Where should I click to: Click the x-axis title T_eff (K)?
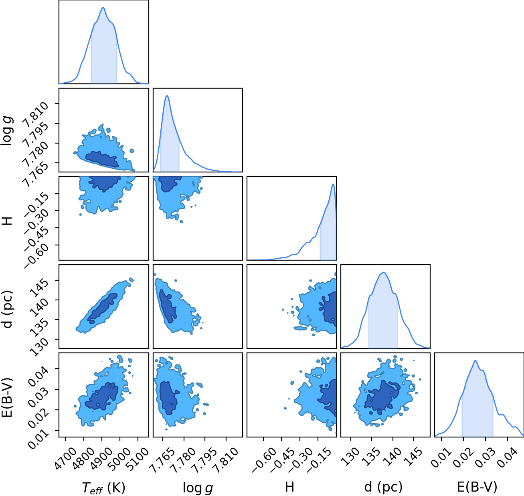pyautogui.click(x=103, y=488)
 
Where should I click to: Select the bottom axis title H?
pyautogui.click(x=289, y=487)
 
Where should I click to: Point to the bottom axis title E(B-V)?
pyautogui.click(x=477, y=487)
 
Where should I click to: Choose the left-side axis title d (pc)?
pyautogui.click(x=8, y=309)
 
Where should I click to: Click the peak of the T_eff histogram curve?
pyautogui.click(x=103, y=8)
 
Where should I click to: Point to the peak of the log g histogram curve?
pyautogui.click(x=167, y=96)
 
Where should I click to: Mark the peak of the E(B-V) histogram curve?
pyautogui.click(x=475, y=360)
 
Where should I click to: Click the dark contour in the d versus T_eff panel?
pyautogui.click(x=103, y=308)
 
